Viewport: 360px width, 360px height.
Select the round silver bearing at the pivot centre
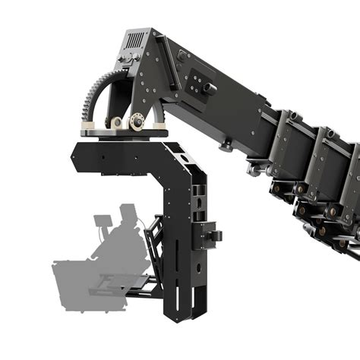[137, 119]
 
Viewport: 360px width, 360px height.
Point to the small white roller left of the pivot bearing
[117, 122]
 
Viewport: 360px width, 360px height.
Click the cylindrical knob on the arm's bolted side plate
[210, 89]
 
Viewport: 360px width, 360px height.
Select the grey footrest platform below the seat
[114, 289]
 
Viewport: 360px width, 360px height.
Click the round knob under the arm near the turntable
[225, 144]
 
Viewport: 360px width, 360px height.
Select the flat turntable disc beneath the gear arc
[125, 133]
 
